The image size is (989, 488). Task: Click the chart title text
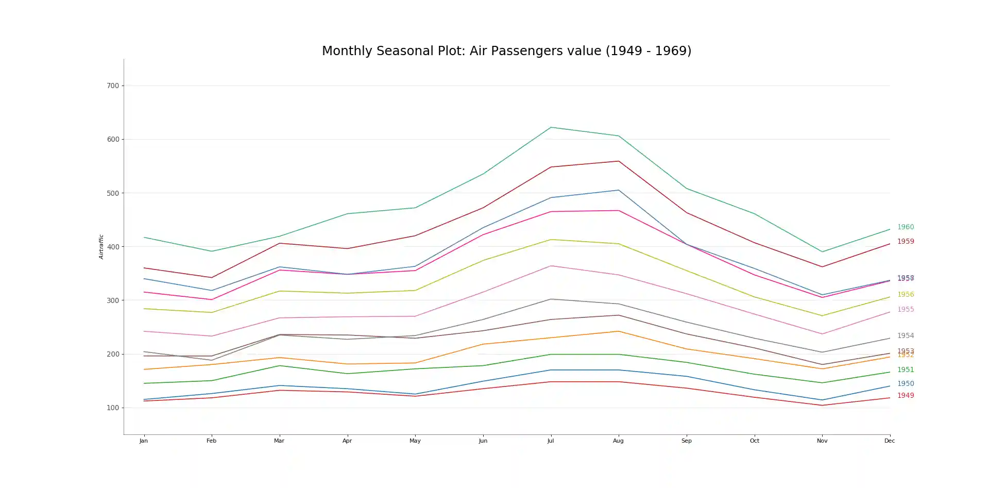coord(506,51)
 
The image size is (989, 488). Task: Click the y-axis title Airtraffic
coord(101,246)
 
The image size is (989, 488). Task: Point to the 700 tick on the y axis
coord(113,86)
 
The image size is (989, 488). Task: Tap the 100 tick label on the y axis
coord(113,408)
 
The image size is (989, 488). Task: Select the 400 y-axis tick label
coord(113,247)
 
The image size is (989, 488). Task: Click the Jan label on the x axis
coord(144,441)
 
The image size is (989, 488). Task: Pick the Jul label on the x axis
coord(551,441)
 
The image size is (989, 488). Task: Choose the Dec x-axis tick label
coord(890,441)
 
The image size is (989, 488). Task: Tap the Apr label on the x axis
coord(347,441)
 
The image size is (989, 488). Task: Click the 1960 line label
coord(906,227)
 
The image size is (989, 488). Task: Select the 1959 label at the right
coord(906,241)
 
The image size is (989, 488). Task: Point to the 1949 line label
coord(906,395)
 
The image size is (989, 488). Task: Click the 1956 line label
coord(906,294)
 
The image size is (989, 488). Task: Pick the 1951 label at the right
coord(906,369)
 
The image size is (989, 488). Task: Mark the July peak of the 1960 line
coord(551,127)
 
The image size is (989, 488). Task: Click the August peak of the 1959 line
coord(618,161)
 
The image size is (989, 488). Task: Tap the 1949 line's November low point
coord(822,405)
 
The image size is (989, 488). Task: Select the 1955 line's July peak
coord(551,266)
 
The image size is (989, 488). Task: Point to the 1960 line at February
coord(211,251)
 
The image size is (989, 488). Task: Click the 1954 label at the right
coord(906,335)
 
